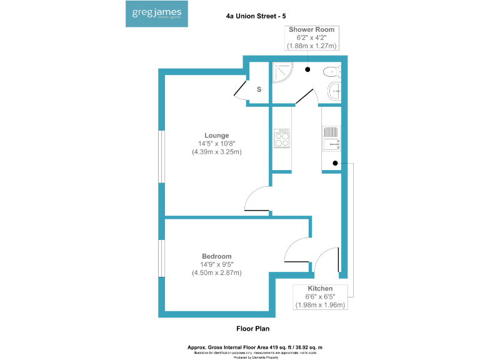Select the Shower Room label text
[x=311, y=29]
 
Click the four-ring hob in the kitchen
[x=282, y=138]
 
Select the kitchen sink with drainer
[x=331, y=139]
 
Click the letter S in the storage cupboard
[x=259, y=89]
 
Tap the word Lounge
[x=216, y=136]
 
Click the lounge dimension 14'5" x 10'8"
[x=216, y=144]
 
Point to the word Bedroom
[x=216, y=256]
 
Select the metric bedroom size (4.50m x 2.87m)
[x=216, y=272]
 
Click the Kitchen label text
[x=320, y=288]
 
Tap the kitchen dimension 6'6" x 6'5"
[x=320, y=296]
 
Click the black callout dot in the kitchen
[x=336, y=164]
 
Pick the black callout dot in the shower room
[x=308, y=69]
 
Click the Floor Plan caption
[x=252, y=328]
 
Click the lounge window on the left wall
[x=161, y=156]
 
